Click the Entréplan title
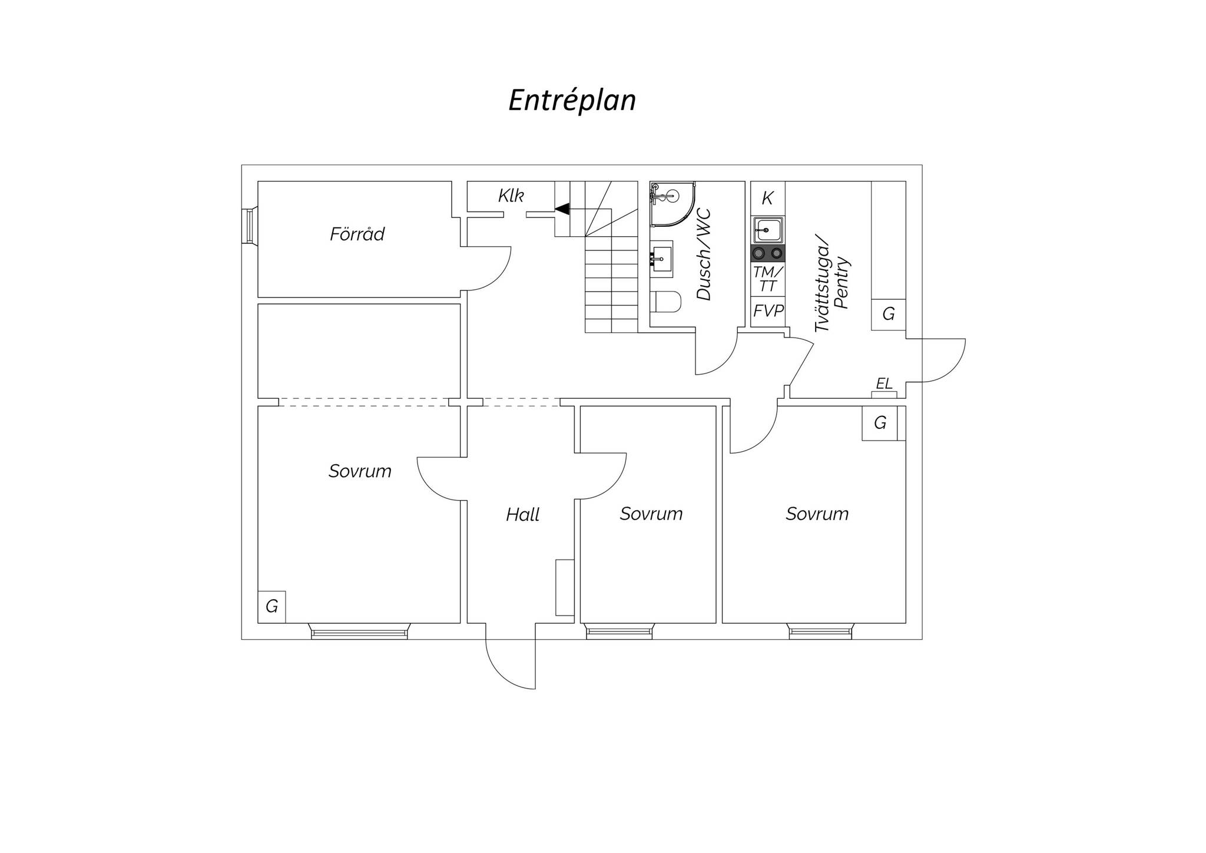572,100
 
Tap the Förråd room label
357,234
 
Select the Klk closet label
511,196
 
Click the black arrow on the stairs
562,209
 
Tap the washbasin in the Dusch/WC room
662,259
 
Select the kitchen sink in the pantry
768,230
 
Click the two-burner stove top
768,253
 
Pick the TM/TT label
768,279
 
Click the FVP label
768,311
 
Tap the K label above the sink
767,199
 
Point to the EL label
884,384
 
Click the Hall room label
522,515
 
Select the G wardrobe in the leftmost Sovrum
271,606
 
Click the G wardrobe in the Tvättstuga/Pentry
889,314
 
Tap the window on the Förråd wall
250,226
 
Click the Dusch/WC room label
704,254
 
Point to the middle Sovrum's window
619,632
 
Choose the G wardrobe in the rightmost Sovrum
880,423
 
